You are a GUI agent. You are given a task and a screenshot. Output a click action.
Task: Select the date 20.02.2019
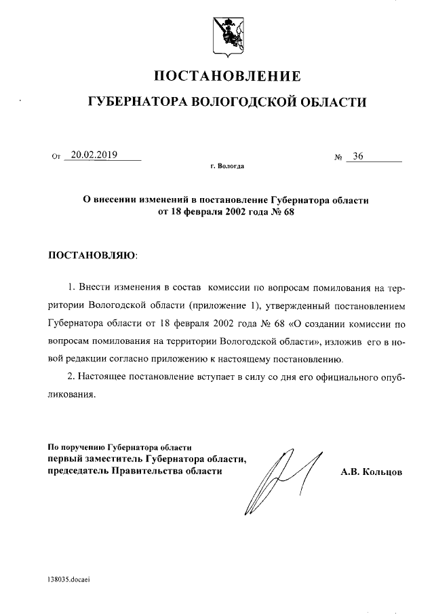coord(94,155)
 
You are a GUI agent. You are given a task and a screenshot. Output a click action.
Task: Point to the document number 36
coord(357,156)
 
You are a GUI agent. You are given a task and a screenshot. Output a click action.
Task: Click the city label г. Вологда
coord(228,166)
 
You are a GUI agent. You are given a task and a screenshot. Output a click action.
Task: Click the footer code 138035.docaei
coord(68,581)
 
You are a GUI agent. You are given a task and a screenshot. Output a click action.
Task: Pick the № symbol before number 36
coord(339,157)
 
